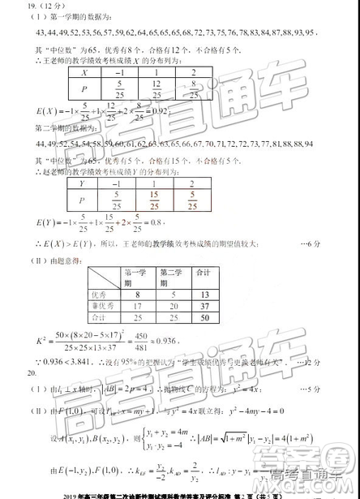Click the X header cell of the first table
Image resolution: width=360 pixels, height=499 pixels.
coord(84,72)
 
